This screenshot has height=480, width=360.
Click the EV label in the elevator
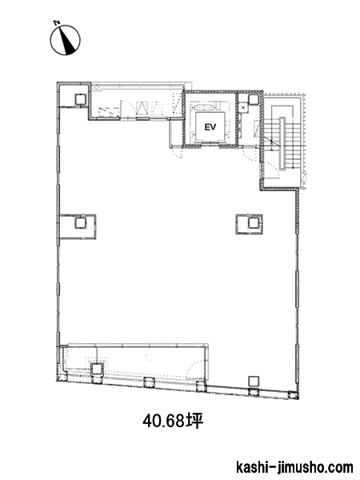click(x=210, y=126)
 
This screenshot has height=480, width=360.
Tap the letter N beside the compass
click(x=56, y=22)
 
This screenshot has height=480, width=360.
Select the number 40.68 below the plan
click(x=164, y=422)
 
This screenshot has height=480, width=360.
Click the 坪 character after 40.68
click(x=194, y=422)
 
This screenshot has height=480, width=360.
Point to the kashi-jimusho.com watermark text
click(x=294, y=467)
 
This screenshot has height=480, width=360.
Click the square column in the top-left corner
click(x=81, y=99)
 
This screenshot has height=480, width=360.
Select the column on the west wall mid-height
click(x=80, y=222)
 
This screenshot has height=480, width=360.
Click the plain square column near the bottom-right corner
click(x=253, y=381)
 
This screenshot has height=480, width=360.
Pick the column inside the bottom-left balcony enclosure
click(x=96, y=369)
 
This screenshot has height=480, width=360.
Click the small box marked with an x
click(x=243, y=108)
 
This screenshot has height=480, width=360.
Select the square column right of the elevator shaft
click(x=254, y=99)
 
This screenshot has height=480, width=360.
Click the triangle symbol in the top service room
click(x=142, y=108)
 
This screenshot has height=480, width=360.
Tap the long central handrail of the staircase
click(x=282, y=143)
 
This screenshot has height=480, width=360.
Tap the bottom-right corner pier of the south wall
click(x=294, y=395)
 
